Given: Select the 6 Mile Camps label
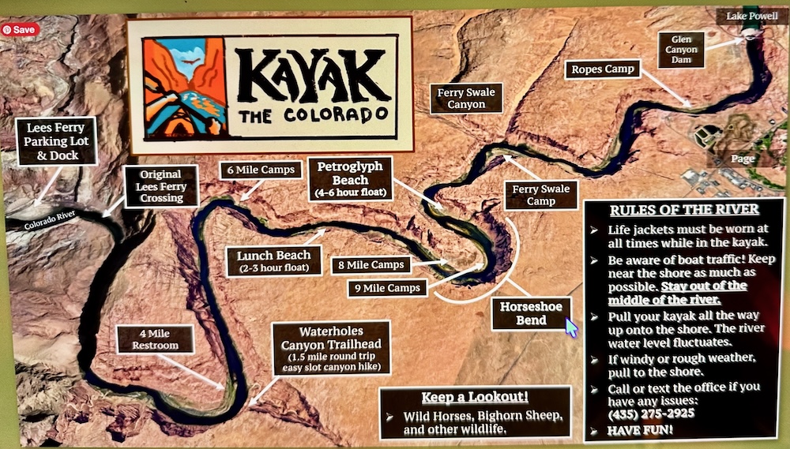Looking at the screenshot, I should [x=260, y=170].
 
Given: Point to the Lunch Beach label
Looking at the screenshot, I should [x=273, y=261].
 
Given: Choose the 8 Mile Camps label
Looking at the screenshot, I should [x=371, y=265].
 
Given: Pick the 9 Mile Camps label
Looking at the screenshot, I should [x=387, y=288].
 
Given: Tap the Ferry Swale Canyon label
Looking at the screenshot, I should [x=466, y=98].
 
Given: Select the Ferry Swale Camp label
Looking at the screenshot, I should [x=541, y=195].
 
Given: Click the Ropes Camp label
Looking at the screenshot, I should [x=603, y=69].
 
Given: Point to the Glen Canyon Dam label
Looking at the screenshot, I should [x=681, y=50].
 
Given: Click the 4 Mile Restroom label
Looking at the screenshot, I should [x=154, y=339].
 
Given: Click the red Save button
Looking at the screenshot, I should [x=20, y=29].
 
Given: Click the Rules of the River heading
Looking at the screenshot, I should [x=684, y=210].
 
